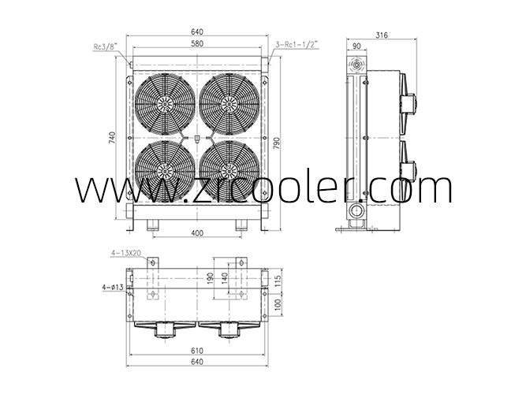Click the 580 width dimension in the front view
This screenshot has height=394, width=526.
pyautogui.click(x=197, y=43)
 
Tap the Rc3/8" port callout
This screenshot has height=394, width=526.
pyautogui.click(x=106, y=46)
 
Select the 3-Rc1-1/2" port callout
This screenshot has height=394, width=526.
pyautogui.click(x=297, y=44)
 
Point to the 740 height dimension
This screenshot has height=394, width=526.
pyautogui.click(x=112, y=138)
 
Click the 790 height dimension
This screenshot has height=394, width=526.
pyautogui.click(x=276, y=143)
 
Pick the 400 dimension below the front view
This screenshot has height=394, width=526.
pyautogui.click(x=197, y=233)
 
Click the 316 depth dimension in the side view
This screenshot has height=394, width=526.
pyautogui.click(x=382, y=35)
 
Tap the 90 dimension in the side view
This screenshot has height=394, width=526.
pyautogui.click(x=356, y=46)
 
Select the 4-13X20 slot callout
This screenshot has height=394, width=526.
pyautogui.click(x=125, y=253)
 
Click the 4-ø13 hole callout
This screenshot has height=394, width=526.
pyautogui.click(x=113, y=287)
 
